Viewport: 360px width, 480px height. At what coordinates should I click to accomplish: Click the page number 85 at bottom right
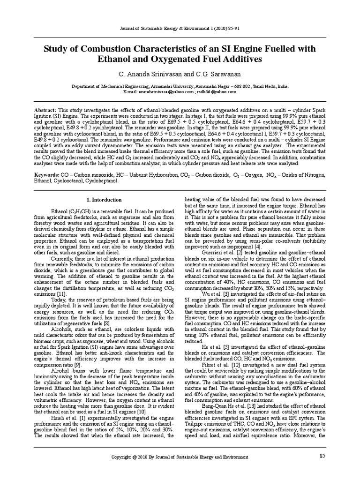tap(322, 456)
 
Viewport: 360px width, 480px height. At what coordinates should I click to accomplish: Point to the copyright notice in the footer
tap(180, 457)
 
